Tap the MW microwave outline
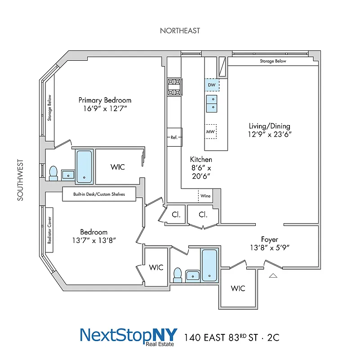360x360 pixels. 210,131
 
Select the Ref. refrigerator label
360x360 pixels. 174,137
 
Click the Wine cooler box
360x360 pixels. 205,196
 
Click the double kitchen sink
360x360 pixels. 212,103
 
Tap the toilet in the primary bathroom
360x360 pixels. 53,173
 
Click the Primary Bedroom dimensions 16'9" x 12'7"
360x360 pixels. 105,108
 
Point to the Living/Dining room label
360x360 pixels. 270,126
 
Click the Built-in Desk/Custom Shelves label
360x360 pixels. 99,194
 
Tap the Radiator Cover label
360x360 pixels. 49,231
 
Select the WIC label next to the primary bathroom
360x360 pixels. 117,167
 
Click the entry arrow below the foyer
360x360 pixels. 272,275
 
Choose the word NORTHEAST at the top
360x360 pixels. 180,31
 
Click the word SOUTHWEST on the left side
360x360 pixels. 20,180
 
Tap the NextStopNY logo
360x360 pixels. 129,336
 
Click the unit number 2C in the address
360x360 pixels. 273,337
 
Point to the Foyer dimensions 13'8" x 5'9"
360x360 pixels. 269,247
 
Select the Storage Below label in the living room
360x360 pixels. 273,61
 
